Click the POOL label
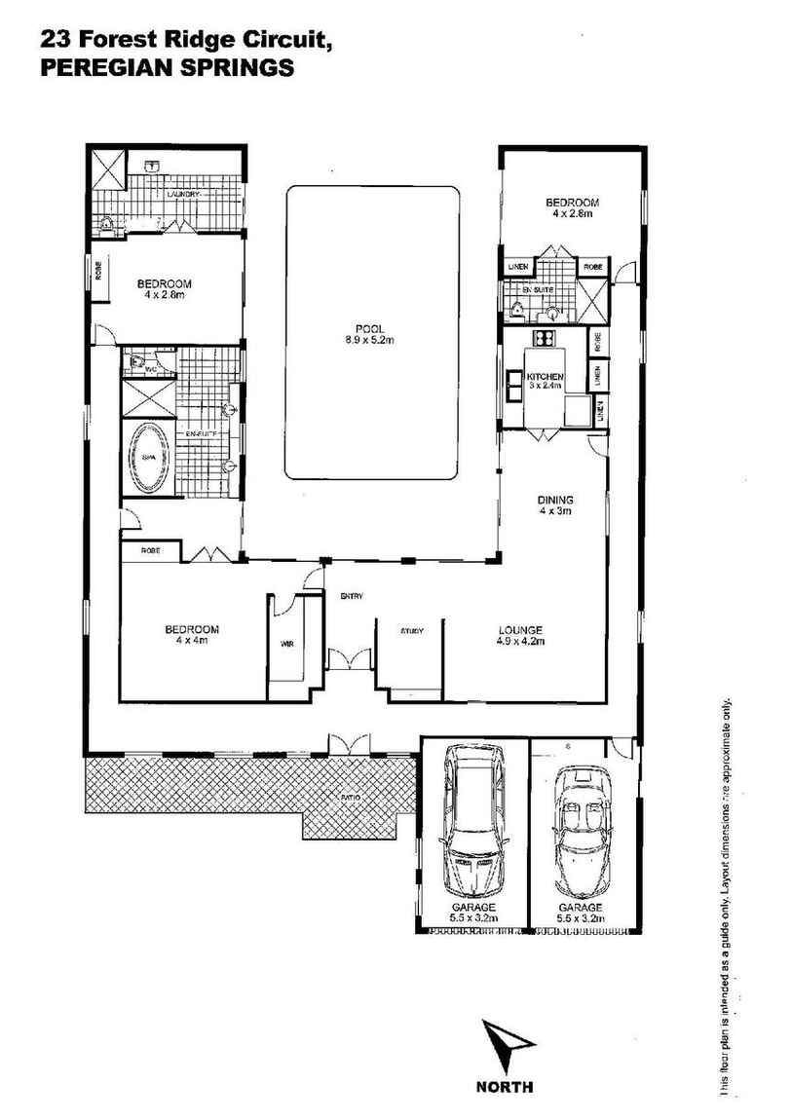[x=372, y=327]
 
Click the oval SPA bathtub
[x=149, y=458]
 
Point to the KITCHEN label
[x=546, y=377]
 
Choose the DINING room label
[x=555, y=501]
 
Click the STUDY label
[x=411, y=631]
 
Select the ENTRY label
[x=351, y=595]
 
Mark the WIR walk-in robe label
[x=286, y=644]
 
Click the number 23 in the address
[x=55, y=41]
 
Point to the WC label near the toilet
[x=151, y=370]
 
